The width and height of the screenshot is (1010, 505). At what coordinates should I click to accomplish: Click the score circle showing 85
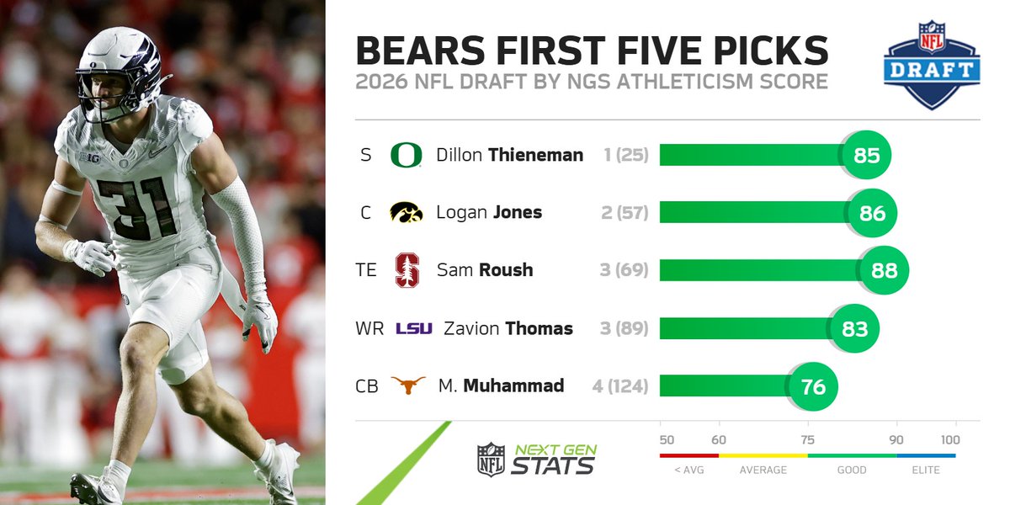click(x=866, y=156)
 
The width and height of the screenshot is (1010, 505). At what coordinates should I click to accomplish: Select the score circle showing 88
click(x=885, y=271)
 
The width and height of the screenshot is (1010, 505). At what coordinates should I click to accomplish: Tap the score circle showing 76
click(x=813, y=386)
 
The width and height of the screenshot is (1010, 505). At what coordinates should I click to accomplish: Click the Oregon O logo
click(x=407, y=155)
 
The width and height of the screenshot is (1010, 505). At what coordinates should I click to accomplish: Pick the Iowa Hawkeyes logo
click(x=407, y=213)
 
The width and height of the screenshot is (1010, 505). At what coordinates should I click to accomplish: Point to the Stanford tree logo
click(x=407, y=270)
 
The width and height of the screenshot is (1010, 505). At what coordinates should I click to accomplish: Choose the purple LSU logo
click(x=413, y=328)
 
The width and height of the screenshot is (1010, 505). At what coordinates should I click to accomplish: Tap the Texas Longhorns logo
click(x=407, y=385)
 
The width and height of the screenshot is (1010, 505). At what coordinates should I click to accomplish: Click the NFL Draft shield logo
click(x=931, y=65)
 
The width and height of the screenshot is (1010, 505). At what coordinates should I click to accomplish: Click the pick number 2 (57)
click(x=625, y=213)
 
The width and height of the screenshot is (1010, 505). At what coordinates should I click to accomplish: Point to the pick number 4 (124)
click(x=620, y=386)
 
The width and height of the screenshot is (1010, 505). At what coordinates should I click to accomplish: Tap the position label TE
click(x=366, y=271)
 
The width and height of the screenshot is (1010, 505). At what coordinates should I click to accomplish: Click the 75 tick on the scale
click(x=808, y=439)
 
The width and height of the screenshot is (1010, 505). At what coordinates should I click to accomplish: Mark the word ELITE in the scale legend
click(x=926, y=470)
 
